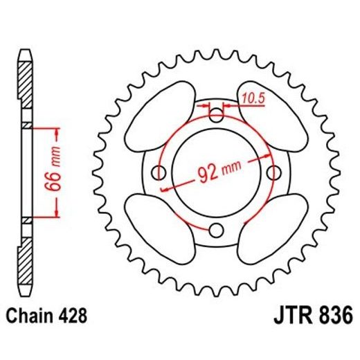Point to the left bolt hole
pyautogui.click(x=159, y=172)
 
